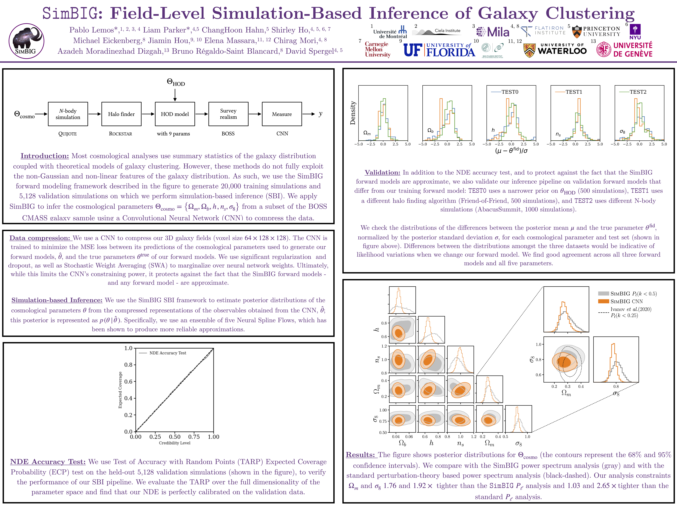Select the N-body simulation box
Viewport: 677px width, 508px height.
pyautogui.click(x=68, y=114)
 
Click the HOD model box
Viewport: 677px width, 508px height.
pyautogui.click(x=175, y=114)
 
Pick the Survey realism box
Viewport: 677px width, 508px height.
pyautogui.click(x=228, y=114)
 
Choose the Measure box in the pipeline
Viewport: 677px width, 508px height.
pyautogui.click(x=282, y=114)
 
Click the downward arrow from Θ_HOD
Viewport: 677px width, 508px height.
pyautogui.click(x=175, y=95)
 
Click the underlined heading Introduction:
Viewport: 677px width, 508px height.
pyautogui.click(x=45, y=156)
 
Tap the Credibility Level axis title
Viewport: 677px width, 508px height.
pyautogui.click(x=175, y=443)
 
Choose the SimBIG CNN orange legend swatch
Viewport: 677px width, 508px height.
pyautogui.click(x=603, y=301)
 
